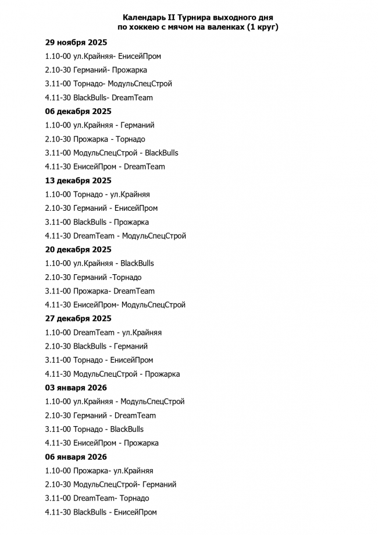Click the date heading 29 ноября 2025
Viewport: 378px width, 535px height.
point(76,42)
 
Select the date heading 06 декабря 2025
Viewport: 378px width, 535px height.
point(79,111)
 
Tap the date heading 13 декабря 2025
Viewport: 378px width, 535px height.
point(79,180)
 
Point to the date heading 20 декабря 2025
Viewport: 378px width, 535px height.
point(79,250)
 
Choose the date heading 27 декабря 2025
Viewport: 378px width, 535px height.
point(79,318)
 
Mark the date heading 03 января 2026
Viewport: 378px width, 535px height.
point(76,388)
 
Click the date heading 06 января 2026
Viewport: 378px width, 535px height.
point(76,457)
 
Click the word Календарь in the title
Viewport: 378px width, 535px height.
point(144,18)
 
